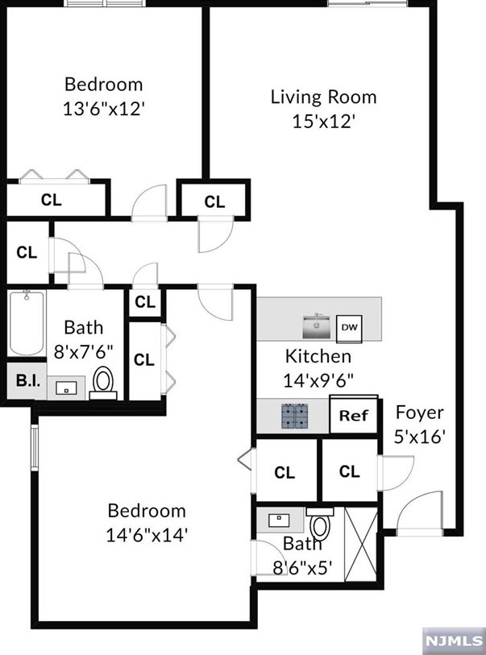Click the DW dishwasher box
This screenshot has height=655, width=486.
pos(349,327)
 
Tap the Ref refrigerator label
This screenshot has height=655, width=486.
pos(354,416)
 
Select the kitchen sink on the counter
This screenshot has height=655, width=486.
pos(317,326)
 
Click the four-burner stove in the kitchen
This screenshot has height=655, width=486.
pos(296,417)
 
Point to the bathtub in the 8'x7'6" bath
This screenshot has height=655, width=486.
pos(27,323)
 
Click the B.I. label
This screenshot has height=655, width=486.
pos(28,381)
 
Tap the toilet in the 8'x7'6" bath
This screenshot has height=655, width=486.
pos(103,383)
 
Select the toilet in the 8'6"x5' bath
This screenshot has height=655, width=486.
pos(320,524)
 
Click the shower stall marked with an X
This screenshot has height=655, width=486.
pos(360,544)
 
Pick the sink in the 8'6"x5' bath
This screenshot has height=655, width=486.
pos(279,520)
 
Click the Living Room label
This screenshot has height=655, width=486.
pos(323,97)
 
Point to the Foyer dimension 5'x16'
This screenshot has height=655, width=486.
pos(420,437)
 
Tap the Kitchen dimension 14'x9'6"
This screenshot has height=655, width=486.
pos(318,380)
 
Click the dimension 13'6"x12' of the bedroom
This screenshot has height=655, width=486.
pos(104,110)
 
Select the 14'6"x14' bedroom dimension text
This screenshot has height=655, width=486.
pos(146,535)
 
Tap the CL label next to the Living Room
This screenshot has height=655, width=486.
pos(215,202)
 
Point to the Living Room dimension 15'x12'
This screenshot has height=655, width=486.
pos(323,122)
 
